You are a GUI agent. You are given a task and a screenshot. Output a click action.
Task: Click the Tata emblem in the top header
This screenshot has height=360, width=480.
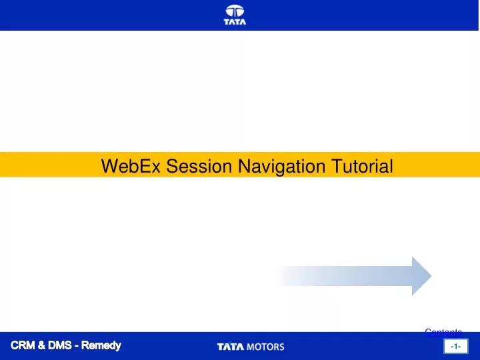(x=235, y=11)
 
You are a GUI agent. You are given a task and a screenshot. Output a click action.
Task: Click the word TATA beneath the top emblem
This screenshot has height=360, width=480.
(x=235, y=22)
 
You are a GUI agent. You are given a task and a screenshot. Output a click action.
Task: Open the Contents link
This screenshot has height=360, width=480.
(x=443, y=331)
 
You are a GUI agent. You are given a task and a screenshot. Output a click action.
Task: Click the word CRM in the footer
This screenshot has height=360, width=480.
(x=25, y=345)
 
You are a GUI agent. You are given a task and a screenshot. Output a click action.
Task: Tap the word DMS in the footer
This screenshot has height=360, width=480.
(x=63, y=345)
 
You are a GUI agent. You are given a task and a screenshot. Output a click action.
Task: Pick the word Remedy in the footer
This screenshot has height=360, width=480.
(x=102, y=345)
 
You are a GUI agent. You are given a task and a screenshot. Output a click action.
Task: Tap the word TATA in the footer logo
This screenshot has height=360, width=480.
(x=231, y=347)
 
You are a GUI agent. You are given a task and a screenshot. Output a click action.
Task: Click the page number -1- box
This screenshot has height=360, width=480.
(x=457, y=347)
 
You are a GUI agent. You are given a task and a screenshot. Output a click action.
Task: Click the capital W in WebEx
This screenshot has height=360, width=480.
(x=109, y=165)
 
